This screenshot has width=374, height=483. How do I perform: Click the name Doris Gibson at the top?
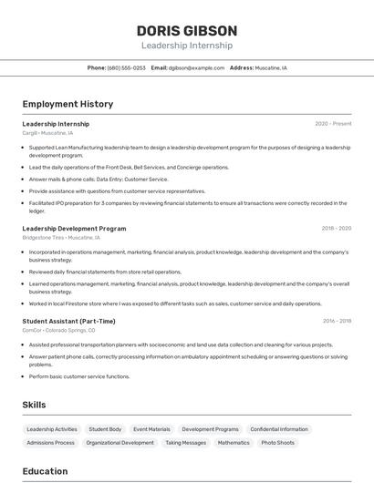[186, 30]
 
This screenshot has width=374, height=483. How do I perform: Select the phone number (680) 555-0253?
[126, 67]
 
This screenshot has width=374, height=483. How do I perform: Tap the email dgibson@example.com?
[196, 67]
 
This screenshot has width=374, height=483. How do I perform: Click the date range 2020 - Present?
[333, 124]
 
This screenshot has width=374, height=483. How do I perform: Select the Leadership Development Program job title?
[74, 229]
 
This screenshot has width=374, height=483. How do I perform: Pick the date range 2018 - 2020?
[336, 229]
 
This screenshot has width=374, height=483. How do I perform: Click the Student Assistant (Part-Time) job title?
[68, 321]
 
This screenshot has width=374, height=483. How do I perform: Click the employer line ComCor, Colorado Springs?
[58, 330]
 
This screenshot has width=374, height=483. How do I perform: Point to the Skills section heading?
[34, 405]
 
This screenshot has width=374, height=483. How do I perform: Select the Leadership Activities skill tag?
[52, 429]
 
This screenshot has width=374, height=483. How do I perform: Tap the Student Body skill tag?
[105, 429]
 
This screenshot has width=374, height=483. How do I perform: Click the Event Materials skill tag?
[151, 429]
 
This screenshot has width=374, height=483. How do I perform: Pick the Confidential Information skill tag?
[279, 429]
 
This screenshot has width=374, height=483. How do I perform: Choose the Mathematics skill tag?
[234, 443]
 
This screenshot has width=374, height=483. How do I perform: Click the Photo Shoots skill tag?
[278, 443]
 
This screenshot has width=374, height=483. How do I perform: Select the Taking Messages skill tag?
[185, 443]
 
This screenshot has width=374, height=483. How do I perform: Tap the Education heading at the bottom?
[45, 471]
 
